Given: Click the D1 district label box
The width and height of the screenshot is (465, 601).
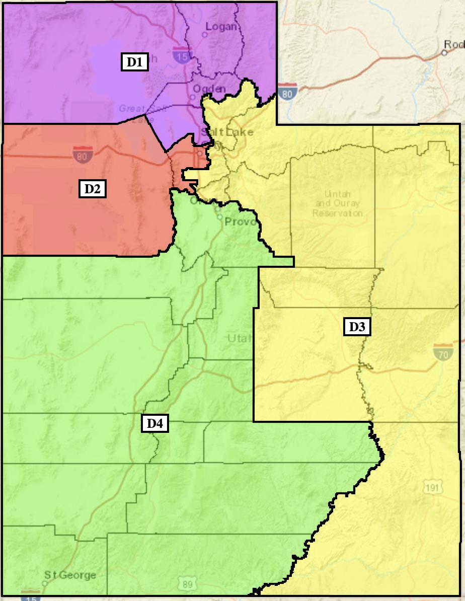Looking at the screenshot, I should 134,62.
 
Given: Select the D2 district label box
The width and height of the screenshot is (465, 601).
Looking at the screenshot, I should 92,189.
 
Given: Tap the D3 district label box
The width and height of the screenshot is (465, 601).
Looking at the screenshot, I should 357,327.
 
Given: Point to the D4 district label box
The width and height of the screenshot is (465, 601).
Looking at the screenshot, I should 154,424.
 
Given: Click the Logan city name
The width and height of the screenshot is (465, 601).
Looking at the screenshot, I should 221,27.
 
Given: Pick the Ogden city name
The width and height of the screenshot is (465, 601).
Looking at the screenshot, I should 209,89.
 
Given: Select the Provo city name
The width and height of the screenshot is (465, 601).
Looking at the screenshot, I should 241,222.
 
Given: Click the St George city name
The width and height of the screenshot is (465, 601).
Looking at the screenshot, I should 70,575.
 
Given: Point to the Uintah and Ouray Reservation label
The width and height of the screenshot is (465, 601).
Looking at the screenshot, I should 337,203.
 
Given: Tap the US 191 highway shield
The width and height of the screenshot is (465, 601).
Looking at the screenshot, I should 432,487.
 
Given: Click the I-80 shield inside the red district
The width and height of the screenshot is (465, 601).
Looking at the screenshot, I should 82,155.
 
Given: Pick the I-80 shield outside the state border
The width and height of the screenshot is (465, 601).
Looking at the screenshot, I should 287,92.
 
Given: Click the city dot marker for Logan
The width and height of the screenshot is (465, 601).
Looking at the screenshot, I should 204,35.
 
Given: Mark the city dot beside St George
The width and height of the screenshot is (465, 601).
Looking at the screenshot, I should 45,583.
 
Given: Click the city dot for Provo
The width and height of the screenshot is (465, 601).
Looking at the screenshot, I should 220,217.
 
